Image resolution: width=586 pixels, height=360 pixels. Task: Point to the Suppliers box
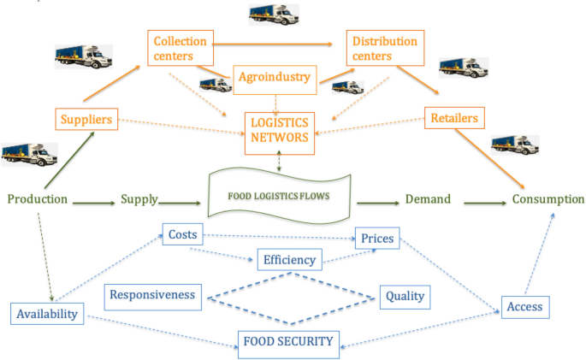(x=86, y=119)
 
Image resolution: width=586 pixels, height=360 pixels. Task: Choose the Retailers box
(x=454, y=117)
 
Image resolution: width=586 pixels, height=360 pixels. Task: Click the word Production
(x=38, y=199)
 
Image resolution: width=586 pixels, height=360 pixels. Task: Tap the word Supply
(x=139, y=199)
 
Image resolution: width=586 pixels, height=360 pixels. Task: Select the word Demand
(x=427, y=199)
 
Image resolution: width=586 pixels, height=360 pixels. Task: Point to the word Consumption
(x=548, y=199)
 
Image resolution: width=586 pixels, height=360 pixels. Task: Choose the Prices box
(x=377, y=239)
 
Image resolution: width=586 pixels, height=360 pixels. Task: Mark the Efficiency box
(x=289, y=260)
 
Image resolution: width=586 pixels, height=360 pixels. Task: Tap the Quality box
(x=404, y=296)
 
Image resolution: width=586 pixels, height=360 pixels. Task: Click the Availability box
(x=49, y=314)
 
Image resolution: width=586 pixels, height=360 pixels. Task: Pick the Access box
(x=524, y=306)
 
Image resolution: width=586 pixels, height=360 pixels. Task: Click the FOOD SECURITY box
(x=288, y=341)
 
